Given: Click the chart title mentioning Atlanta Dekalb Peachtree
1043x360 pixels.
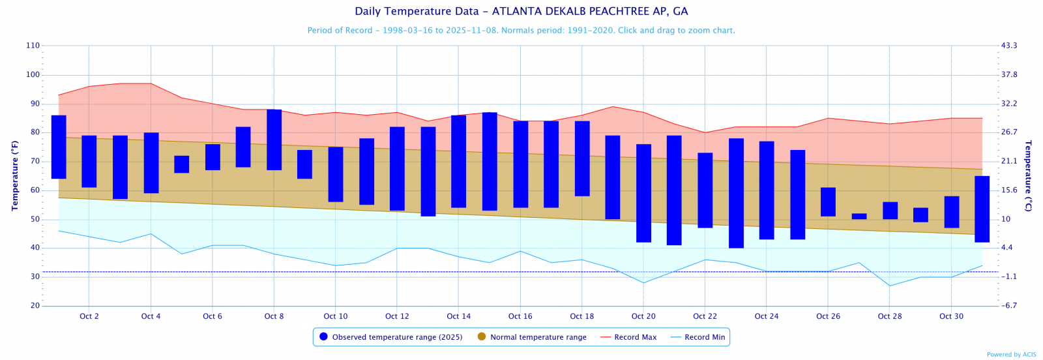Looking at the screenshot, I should (x=521, y=11).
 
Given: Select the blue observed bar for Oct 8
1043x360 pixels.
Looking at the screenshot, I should (x=274, y=140).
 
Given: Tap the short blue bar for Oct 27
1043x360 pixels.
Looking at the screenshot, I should (x=859, y=216).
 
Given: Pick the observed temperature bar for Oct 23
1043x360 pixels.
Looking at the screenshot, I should (x=736, y=193).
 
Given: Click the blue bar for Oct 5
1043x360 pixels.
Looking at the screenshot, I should (x=182, y=164).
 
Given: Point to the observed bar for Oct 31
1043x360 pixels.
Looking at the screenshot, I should (x=982, y=209).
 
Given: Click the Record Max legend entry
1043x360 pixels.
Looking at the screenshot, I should (x=628, y=337).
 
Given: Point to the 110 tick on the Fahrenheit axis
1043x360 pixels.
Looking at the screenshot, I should (x=33, y=46).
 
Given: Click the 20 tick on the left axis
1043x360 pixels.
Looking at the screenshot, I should (x=35, y=306).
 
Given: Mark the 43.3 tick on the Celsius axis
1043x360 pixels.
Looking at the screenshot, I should (x=1009, y=46).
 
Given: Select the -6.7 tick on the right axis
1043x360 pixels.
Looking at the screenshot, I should (x=1008, y=306).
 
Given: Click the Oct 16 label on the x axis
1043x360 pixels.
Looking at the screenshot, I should (x=520, y=316).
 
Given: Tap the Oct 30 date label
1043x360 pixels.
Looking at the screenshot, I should (x=951, y=316).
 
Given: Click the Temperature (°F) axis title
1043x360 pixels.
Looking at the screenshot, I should (x=15, y=175).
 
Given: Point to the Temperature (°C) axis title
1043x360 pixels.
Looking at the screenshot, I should (x=1028, y=175).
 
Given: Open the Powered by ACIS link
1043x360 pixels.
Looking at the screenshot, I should (x=1011, y=355).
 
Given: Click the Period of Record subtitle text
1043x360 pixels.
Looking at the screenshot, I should (x=521, y=31).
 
